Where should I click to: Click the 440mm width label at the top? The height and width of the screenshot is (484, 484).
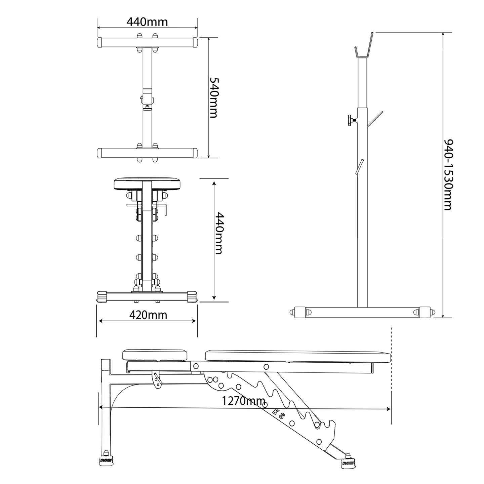[x=147, y=22]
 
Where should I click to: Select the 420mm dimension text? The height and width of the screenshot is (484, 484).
[x=148, y=315]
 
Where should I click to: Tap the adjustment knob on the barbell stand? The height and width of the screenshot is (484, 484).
[x=352, y=120]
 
